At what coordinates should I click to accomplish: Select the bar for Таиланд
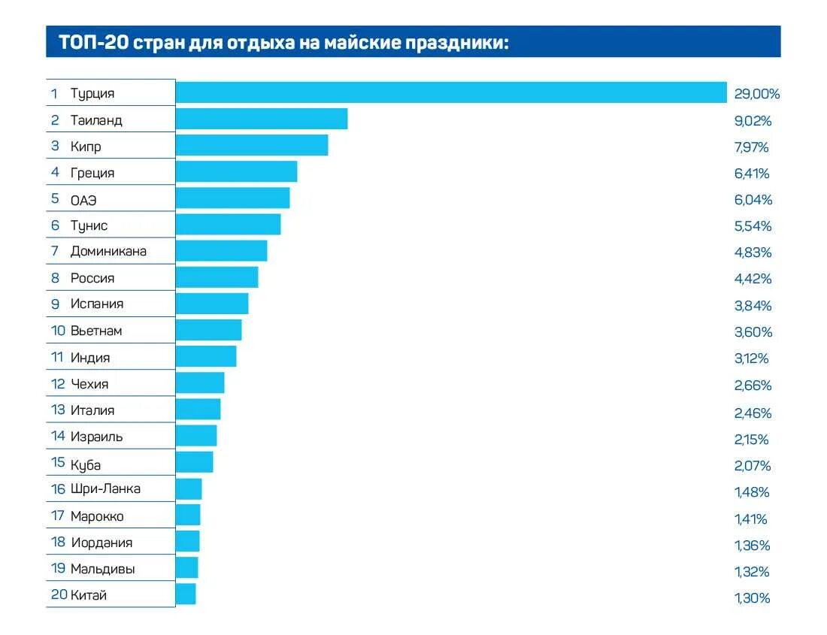click(x=262, y=119)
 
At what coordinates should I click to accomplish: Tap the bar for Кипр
click(x=252, y=145)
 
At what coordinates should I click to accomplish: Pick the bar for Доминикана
click(x=221, y=251)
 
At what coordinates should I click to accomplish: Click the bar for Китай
click(x=186, y=594)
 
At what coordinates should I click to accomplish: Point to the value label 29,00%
click(x=757, y=94)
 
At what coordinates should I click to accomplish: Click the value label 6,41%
click(x=751, y=174)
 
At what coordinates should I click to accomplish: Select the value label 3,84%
click(x=753, y=305)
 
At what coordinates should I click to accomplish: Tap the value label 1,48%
click(x=752, y=492)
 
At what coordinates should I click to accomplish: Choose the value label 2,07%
click(x=753, y=466)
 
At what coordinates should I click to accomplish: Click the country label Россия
click(x=92, y=278)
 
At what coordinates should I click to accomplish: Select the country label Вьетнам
click(x=96, y=331)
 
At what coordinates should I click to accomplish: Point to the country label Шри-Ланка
click(x=105, y=489)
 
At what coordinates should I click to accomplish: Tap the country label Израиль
click(x=96, y=437)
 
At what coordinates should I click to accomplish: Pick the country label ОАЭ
click(x=83, y=199)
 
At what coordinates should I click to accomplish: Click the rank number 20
click(x=59, y=595)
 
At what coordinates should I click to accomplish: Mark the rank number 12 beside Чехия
click(x=59, y=384)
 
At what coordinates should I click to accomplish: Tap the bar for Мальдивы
click(x=186, y=567)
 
